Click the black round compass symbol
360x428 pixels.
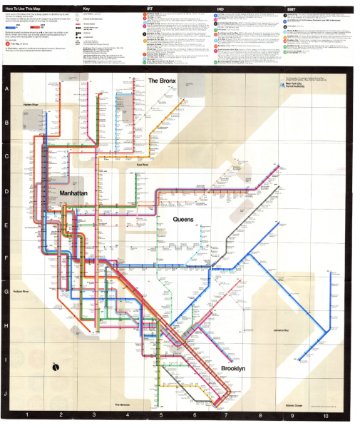click(56, 367)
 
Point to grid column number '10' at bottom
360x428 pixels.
click(326, 415)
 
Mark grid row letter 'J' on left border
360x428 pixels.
click(6, 393)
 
